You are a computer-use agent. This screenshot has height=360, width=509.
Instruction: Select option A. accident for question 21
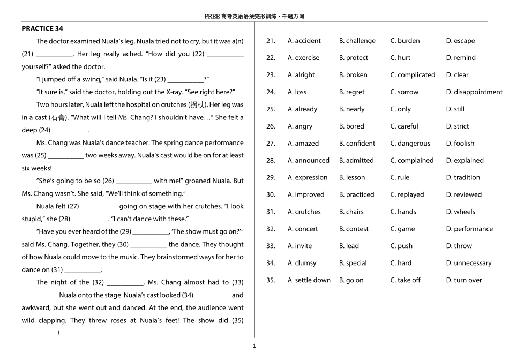[304, 41]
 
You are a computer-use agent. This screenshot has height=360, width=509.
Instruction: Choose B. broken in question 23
[353, 75]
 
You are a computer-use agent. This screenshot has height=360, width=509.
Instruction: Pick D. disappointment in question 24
[474, 92]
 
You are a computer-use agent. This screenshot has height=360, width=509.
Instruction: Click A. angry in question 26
[300, 126]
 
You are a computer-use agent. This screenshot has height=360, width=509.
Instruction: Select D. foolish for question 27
[460, 144]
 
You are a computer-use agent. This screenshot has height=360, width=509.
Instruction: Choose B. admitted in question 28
[356, 160]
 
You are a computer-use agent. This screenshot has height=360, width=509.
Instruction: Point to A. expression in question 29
[307, 177]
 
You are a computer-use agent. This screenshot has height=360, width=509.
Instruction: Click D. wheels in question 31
[460, 212]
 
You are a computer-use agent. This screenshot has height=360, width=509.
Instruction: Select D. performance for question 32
[469, 229]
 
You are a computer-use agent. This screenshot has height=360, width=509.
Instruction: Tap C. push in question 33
[401, 246]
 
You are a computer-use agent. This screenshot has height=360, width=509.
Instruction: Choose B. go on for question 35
[351, 280]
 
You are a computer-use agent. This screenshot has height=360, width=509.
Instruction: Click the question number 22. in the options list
[271, 58]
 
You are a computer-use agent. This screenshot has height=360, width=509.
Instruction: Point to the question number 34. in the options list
[271, 263]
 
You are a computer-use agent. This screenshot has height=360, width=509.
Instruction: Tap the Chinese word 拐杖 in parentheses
[197, 105]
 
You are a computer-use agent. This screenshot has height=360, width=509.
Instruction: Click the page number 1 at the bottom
[254, 346]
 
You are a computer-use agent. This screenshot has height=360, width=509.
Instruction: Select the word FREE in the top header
[212, 17]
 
